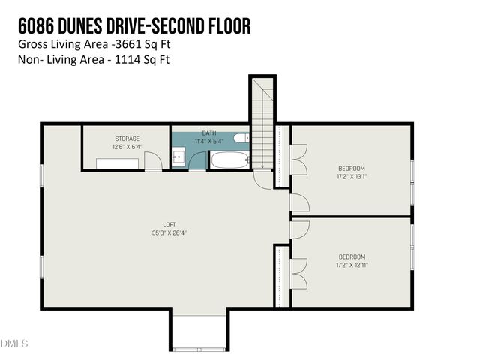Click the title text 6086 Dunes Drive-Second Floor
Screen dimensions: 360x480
pos(134,26)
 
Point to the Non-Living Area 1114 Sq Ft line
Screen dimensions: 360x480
pos(94,59)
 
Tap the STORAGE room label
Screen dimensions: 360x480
pos(127,139)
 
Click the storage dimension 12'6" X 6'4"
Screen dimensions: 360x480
pos(127,147)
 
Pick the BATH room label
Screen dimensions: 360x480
pos(208,133)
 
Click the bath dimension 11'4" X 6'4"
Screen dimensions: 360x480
pos(208,141)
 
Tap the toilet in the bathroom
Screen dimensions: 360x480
pos(240,138)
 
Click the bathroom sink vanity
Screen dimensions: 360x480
pos(178,157)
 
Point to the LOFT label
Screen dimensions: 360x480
pos(170,224)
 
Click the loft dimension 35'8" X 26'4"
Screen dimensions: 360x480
pos(170,232)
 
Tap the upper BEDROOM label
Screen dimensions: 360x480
pos(351,168)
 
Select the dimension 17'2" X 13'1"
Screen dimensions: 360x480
pos(351,177)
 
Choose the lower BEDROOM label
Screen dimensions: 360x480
pos(351,256)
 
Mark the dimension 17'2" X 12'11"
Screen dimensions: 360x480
pos(351,265)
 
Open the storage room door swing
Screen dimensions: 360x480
pos(153,160)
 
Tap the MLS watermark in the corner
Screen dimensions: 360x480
pos(15,343)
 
